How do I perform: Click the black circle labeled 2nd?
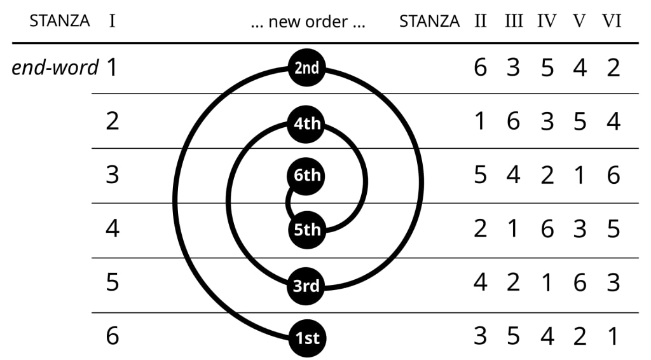coord(307,67)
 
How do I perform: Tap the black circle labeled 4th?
coord(307,122)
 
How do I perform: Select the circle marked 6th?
coord(307,176)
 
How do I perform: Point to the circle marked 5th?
coord(307,229)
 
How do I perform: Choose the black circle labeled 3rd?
coord(307,285)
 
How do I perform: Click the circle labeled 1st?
coord(307,338)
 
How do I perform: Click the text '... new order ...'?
coord(308,22)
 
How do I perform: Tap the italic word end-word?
coord(55,67)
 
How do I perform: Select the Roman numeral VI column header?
coord(612,21)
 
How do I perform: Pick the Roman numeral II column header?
coord(480,21)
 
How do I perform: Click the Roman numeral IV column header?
coord(546,21)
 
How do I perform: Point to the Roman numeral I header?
coord(112,21)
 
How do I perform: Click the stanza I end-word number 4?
coord(112,229)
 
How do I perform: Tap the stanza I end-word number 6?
coord(112,336)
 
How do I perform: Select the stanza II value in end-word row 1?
coord(480,67)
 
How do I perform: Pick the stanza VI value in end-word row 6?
coord(613,336)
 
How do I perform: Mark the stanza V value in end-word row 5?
coord(580,282)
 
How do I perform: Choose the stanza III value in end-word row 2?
coord(513,121)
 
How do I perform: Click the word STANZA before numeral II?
coord(429,21)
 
